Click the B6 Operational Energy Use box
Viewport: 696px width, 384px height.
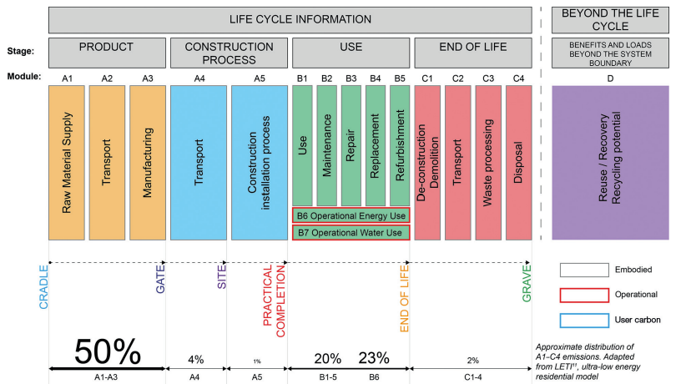[x=351, y=215]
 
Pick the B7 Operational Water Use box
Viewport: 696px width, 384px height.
[x=351, y=232]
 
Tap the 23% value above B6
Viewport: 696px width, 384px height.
[x=373, y=358]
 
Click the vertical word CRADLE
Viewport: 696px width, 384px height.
[x=44, y=288]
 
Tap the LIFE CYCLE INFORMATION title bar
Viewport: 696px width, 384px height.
[x=290, y=19]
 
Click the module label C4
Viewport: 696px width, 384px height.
[x=518, y=78]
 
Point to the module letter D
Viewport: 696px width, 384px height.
[x=610, y=78]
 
